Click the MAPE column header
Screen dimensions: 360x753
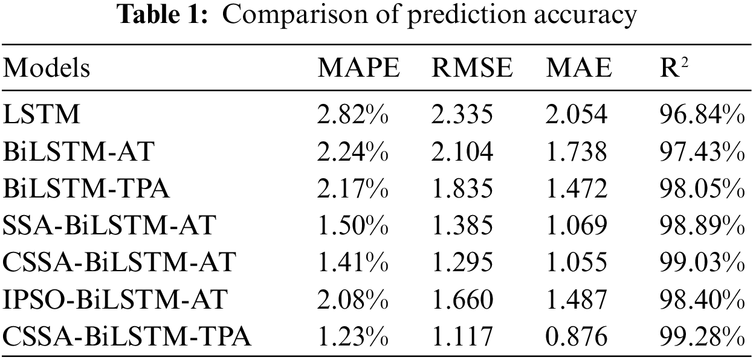358,69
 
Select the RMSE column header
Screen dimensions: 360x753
472,69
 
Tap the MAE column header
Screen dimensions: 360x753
578,69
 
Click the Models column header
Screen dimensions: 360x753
47,69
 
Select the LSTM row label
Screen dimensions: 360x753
42,114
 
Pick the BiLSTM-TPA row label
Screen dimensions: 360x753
86,189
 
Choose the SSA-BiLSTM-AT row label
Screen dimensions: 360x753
109,226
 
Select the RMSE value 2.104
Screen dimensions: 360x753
462,152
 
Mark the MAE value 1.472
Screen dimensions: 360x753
576,189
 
